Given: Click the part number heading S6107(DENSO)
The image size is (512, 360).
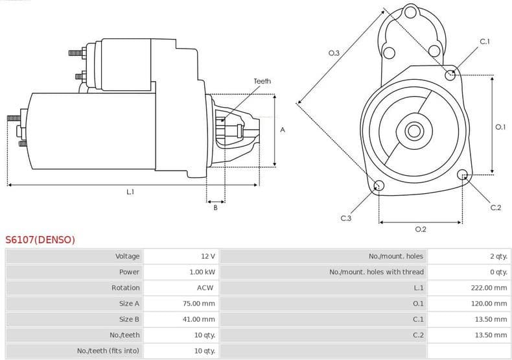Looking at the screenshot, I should [40, 240].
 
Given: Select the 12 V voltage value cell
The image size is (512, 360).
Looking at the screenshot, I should [207, 256].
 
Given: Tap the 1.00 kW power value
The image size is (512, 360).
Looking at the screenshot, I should [202, 272].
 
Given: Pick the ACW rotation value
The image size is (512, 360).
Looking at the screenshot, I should [205, 287].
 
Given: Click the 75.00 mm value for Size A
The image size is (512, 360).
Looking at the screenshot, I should [199, 304].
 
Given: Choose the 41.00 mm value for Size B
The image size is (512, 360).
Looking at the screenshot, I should [199, 319].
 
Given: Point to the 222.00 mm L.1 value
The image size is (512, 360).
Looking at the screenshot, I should [489, 287].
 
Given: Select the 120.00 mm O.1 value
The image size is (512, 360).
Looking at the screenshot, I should [489, 304].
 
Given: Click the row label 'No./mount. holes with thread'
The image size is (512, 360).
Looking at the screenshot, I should [377, 272].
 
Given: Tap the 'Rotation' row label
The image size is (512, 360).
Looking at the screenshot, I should [126, 287].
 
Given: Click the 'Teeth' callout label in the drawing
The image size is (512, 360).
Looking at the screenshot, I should [262, 81].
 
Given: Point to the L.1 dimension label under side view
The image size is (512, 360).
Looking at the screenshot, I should [130, 191].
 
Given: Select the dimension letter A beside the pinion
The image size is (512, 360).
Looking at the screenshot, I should [283, 130].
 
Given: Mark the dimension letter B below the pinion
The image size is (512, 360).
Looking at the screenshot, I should [216, 208].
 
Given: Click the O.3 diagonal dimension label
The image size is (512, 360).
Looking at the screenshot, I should [334, 53].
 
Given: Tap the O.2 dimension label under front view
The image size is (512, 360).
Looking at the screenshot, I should [420, 229].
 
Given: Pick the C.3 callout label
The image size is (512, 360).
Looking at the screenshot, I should [346, 218].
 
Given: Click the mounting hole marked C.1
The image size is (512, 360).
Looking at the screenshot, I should [450, 75].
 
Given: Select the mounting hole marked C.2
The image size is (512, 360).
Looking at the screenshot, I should [463, 174].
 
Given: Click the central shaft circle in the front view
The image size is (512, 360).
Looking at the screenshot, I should [413, 130].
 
